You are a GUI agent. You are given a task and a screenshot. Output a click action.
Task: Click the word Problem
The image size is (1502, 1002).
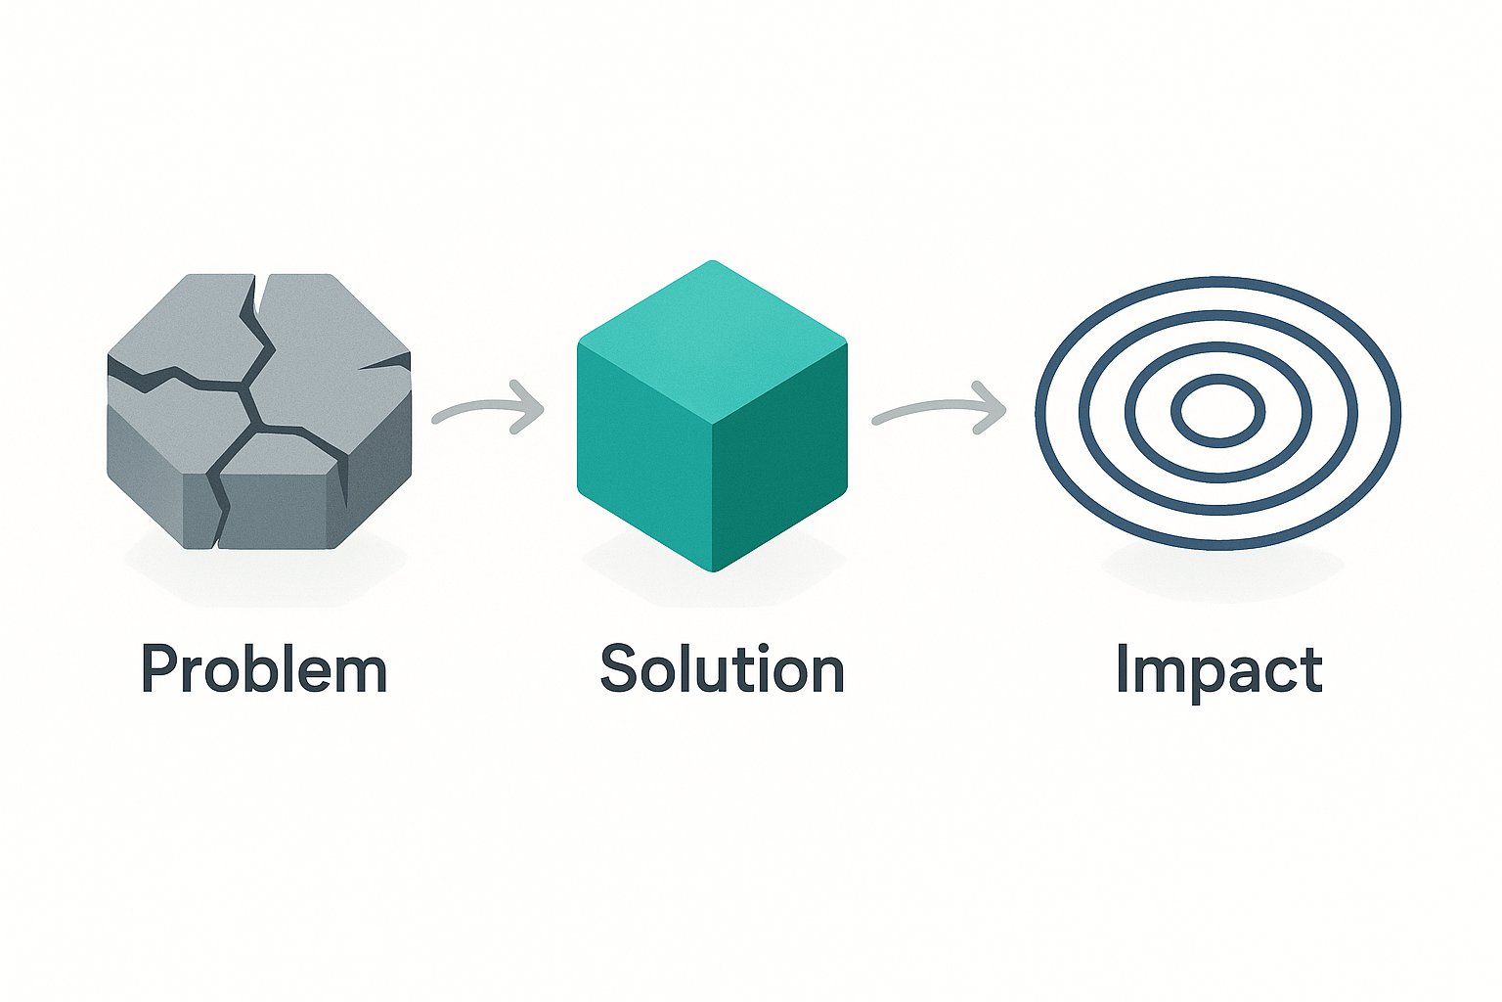pos(264,669)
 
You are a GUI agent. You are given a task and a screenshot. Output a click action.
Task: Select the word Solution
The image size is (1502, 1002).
pos(723,668)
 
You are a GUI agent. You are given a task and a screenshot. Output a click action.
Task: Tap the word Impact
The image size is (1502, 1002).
pos(1219,670)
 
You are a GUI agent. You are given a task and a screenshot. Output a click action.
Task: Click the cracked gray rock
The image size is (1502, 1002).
pos(259,411)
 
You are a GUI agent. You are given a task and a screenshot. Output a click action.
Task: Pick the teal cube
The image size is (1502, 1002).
pos(712,416)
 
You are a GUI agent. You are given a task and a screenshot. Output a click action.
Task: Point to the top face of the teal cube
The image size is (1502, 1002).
pos(712,342)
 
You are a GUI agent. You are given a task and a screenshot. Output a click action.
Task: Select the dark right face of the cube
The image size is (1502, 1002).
pos(781,456)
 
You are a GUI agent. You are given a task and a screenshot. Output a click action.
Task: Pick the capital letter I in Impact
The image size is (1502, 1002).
pos(1123,669)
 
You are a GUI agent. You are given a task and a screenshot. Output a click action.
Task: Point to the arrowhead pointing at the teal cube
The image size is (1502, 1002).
pos(528,407)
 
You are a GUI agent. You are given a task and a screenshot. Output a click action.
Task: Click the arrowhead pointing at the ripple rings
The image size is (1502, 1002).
pos(991,407)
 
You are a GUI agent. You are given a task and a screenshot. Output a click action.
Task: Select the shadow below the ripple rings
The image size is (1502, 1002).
pos(1221,570)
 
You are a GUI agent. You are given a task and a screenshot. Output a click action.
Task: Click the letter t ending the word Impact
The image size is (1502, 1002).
pos(1311,670)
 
